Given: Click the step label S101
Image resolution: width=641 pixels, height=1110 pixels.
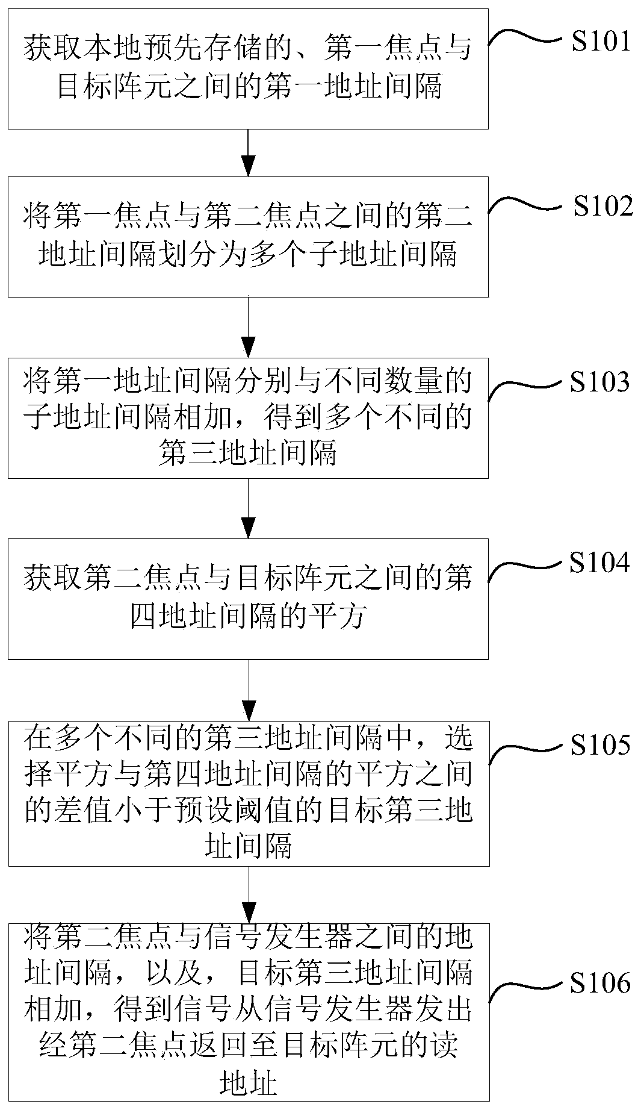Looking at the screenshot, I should pyautogui.click(x=600, y=41).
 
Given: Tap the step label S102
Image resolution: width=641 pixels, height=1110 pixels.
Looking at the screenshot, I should pyautogui.click(x=602, y=207).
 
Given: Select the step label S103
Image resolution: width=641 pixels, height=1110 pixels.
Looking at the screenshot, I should pyautogui.click(x=600, y=382).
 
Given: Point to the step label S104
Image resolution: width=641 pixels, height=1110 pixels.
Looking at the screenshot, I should pyautogui.click(x=600, y=563).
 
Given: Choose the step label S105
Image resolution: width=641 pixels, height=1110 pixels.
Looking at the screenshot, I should pyautogui.click(x=600, y=744).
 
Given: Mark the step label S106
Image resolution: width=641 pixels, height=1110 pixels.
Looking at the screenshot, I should pyautogui.click(x=600, y=984).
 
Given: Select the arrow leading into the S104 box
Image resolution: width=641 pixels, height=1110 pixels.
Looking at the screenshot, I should pyautogui.click(x=248, y=508).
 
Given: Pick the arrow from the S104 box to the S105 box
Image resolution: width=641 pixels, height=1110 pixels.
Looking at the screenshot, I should pyautogui.click(x=248, y=690).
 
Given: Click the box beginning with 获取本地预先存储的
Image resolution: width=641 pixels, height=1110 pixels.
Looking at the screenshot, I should pyautogui.click(x=248, y=69).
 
